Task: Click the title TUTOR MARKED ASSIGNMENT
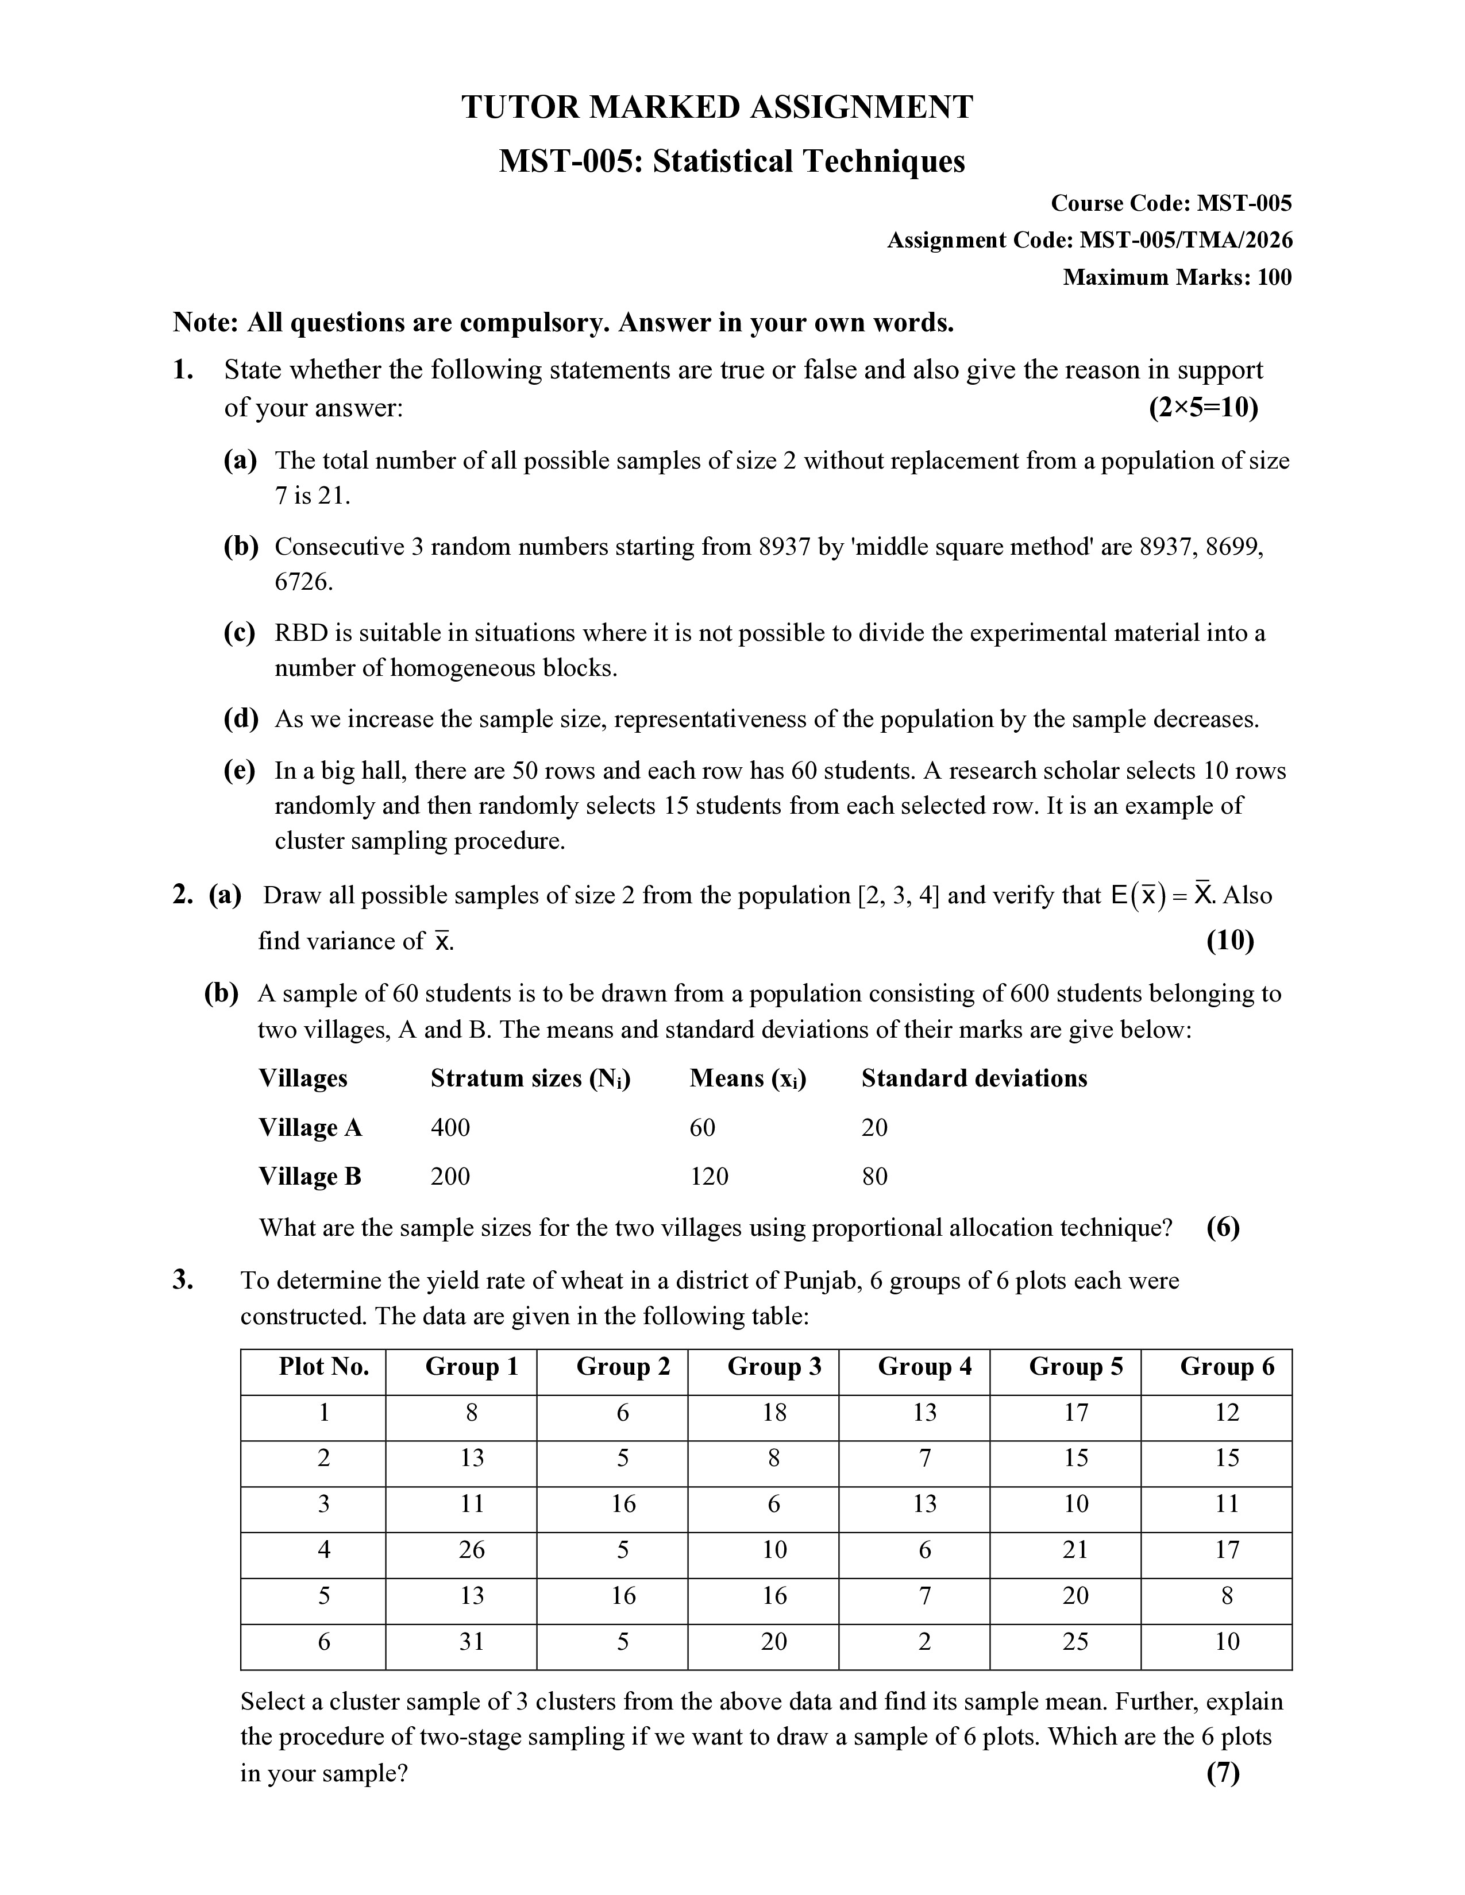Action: (717, 107)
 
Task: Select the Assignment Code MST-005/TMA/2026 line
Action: (1089, 241)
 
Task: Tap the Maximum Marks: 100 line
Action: (1177, 278)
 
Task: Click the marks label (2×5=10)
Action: (1203, 408)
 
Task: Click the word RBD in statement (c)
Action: (301, 633)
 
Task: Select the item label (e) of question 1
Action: (240, 771)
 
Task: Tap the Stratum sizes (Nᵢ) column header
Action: (530, 1078)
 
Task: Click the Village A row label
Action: (310, 1128)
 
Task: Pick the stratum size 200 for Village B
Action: (450, 1177)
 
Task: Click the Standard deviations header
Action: (974, 1078)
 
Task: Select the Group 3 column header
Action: (774, 1367)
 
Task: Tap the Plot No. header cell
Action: (323, 1367)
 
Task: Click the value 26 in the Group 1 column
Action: (471, 1550)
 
